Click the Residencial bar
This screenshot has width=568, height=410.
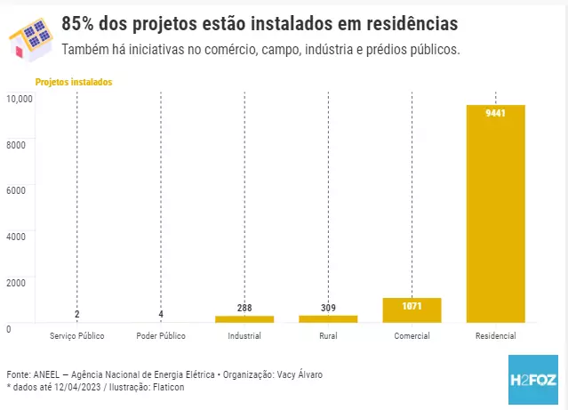(x=495, y=213)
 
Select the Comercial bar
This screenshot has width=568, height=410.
(x=412, y=310)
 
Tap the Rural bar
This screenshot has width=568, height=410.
(x=328, y=318)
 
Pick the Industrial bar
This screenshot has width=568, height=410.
(x=244, y=318)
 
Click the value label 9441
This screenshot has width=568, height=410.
(x=495, y=113)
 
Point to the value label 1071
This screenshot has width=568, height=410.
(x=412, y=306)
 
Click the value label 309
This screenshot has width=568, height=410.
(x=328, y=308)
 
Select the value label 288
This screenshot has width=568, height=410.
(x=244, y=308)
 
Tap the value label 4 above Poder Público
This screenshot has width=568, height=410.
(x=161, y=314)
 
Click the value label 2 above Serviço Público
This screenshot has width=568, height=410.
(x=77, y=314)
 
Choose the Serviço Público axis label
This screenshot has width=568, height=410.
(x=77, y=336)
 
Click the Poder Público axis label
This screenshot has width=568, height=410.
(x=161, y=336)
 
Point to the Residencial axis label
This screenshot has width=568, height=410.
(x=495, y=336)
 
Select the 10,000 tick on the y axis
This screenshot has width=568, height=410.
(x=20, y=98)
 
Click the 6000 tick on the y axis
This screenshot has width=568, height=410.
(x=17, y=189)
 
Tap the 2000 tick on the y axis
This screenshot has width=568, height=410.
(x=17, y=282)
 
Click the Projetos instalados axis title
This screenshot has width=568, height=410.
(x=74, y=82)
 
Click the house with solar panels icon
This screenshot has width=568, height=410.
(x=29, y=37)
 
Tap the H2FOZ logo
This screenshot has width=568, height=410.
(x=533, y=380)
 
